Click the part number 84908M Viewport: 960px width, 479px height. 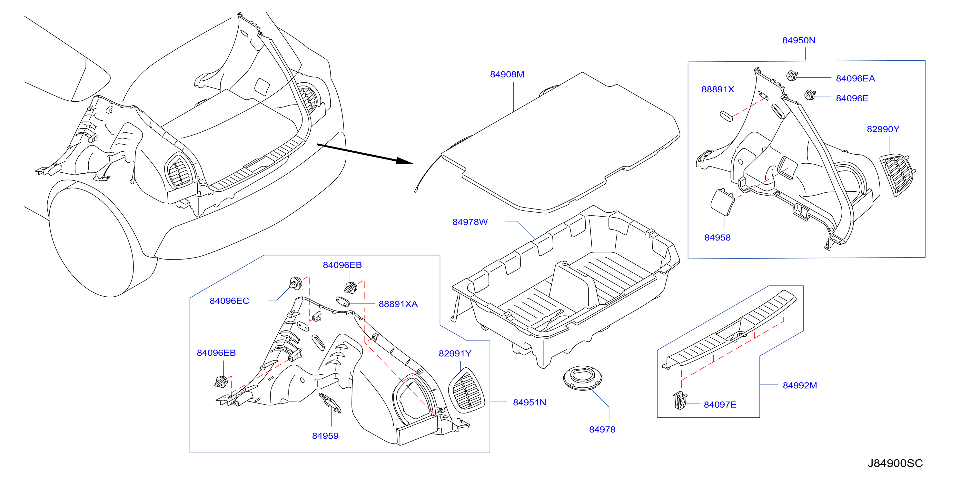(507, 74)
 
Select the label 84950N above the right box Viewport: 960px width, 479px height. (799, 40)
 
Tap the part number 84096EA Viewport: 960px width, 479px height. (855, 78)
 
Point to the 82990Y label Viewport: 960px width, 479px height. (883, 129)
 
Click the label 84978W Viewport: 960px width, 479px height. (470, 222)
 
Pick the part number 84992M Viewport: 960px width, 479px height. (800, 385)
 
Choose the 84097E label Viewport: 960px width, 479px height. (720, 405)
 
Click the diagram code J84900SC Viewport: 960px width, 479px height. (895, 463)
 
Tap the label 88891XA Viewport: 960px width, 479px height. (398, 304)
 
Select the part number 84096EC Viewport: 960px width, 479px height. (229, 301)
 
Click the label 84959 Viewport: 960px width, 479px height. (325, 436)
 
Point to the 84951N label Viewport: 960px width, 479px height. (529, 403)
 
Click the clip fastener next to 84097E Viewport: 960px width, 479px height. (680, 400)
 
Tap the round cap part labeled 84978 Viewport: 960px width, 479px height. (582, 378)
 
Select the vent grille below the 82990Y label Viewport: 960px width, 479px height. (897, 175)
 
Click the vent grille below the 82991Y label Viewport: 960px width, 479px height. (467, 390)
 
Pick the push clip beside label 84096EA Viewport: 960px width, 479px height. (792, 76)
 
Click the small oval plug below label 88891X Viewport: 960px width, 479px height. (726, 116)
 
